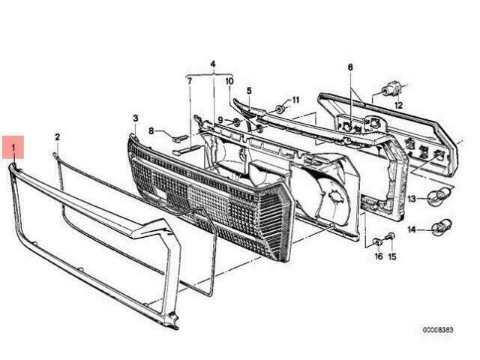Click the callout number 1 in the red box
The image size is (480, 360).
(x=13, y=148)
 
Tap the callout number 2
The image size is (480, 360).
(x=58, y=137)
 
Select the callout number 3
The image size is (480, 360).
(x=136, y=118)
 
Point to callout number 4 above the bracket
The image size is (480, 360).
(x=213, y=64)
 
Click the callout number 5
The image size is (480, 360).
(x=249, y=91)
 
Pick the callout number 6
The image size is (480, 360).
(x=350, y=67)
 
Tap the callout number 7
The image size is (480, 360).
(x=190, y=82)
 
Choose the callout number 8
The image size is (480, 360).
(x=151, y=131)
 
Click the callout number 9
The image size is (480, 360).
(x=220, y=119)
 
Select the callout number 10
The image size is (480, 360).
(x=229, y=81)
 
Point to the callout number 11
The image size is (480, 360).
(x=295, y=100)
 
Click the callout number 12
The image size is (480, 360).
(x=398, y=106)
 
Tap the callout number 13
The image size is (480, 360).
(x=412, y=199)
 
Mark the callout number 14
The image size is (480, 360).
(x=412, y=229)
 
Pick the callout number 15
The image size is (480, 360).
(x=392, y=256)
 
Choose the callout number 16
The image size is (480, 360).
(x=379, y=256)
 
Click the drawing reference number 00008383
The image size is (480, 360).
(x=438, y=330)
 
